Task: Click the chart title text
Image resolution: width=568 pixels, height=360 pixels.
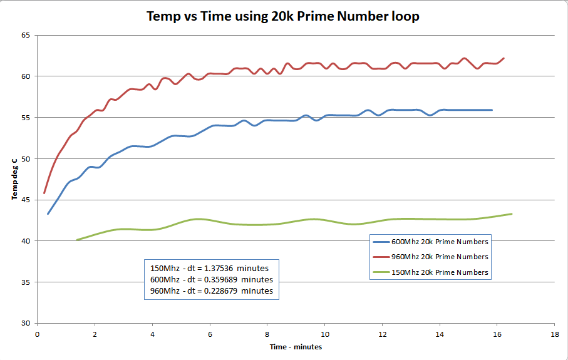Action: pos(282,17)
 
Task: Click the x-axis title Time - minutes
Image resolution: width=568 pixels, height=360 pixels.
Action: pos(295,347)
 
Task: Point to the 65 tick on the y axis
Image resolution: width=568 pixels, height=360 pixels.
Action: pos(26,35)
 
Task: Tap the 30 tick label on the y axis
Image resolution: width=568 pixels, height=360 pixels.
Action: pos(26,323)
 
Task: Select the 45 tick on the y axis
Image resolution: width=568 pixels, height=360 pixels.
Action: pos(26,200)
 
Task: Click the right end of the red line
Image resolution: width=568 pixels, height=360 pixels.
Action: pos(504,58)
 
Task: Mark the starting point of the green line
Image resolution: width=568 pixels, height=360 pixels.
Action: pos(76,240)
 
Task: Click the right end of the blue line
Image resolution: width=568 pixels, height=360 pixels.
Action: pos(492,110)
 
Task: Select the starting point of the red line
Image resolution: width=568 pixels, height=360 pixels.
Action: pos(44,193)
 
